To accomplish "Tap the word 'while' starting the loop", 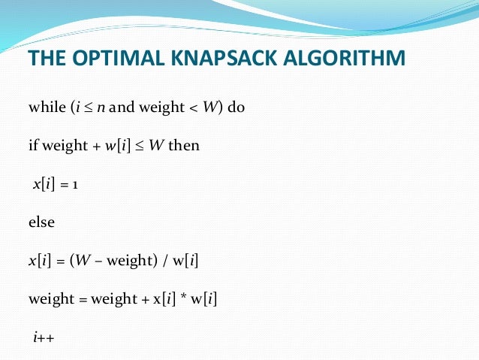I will click(x=47, y=107).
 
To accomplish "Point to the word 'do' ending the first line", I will click(x=236, y=107).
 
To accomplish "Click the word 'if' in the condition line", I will click(x=32, y=145).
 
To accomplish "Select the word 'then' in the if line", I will click(x=184, y=145).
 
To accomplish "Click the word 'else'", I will click(x=41, y=223).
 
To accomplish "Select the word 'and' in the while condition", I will click(x=122, y=107).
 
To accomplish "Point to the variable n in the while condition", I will click(x=101, y=107).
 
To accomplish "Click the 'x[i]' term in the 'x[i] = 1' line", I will click(x=44, y=184).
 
